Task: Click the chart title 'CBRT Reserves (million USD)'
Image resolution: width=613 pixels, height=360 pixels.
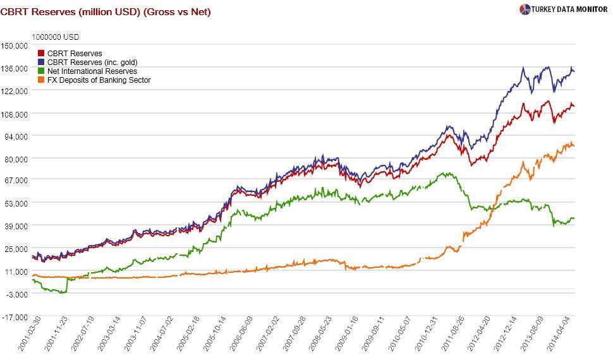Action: click(70, 12)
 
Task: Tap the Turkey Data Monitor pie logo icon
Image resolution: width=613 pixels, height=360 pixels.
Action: click(525, 9)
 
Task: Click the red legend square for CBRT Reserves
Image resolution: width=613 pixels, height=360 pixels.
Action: click(42, 54)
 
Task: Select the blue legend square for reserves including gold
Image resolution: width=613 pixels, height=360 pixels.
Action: click(42, 63)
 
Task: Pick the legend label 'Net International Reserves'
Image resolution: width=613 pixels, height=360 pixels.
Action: click(92, 71)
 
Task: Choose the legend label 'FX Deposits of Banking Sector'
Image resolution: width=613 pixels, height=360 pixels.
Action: click(99, 80)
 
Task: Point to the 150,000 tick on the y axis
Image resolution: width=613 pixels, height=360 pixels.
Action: click(15, 45)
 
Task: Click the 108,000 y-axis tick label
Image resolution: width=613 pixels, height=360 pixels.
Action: click(15, 114)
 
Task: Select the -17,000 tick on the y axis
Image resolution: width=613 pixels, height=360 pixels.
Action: click(16, 317)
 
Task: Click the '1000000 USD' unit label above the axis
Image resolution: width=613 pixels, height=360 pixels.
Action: click(56, 37)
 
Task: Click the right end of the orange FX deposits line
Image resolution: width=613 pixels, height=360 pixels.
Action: click(573, 146)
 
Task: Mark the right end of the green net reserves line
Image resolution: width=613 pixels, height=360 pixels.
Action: click(573, 219)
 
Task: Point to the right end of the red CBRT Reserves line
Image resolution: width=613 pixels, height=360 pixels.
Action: click(573, 106)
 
